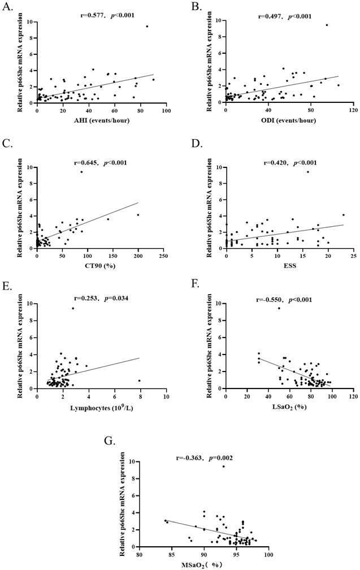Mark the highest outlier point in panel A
coord(147,26)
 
